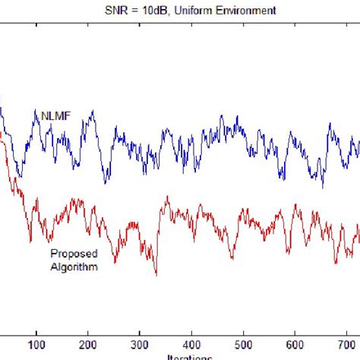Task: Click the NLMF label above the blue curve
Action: [46, 115]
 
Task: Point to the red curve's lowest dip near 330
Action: [156, 273]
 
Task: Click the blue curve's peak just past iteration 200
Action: [92, 112]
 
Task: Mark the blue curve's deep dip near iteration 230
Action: [105, 183]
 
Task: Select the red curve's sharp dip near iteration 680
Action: [336, 262]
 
